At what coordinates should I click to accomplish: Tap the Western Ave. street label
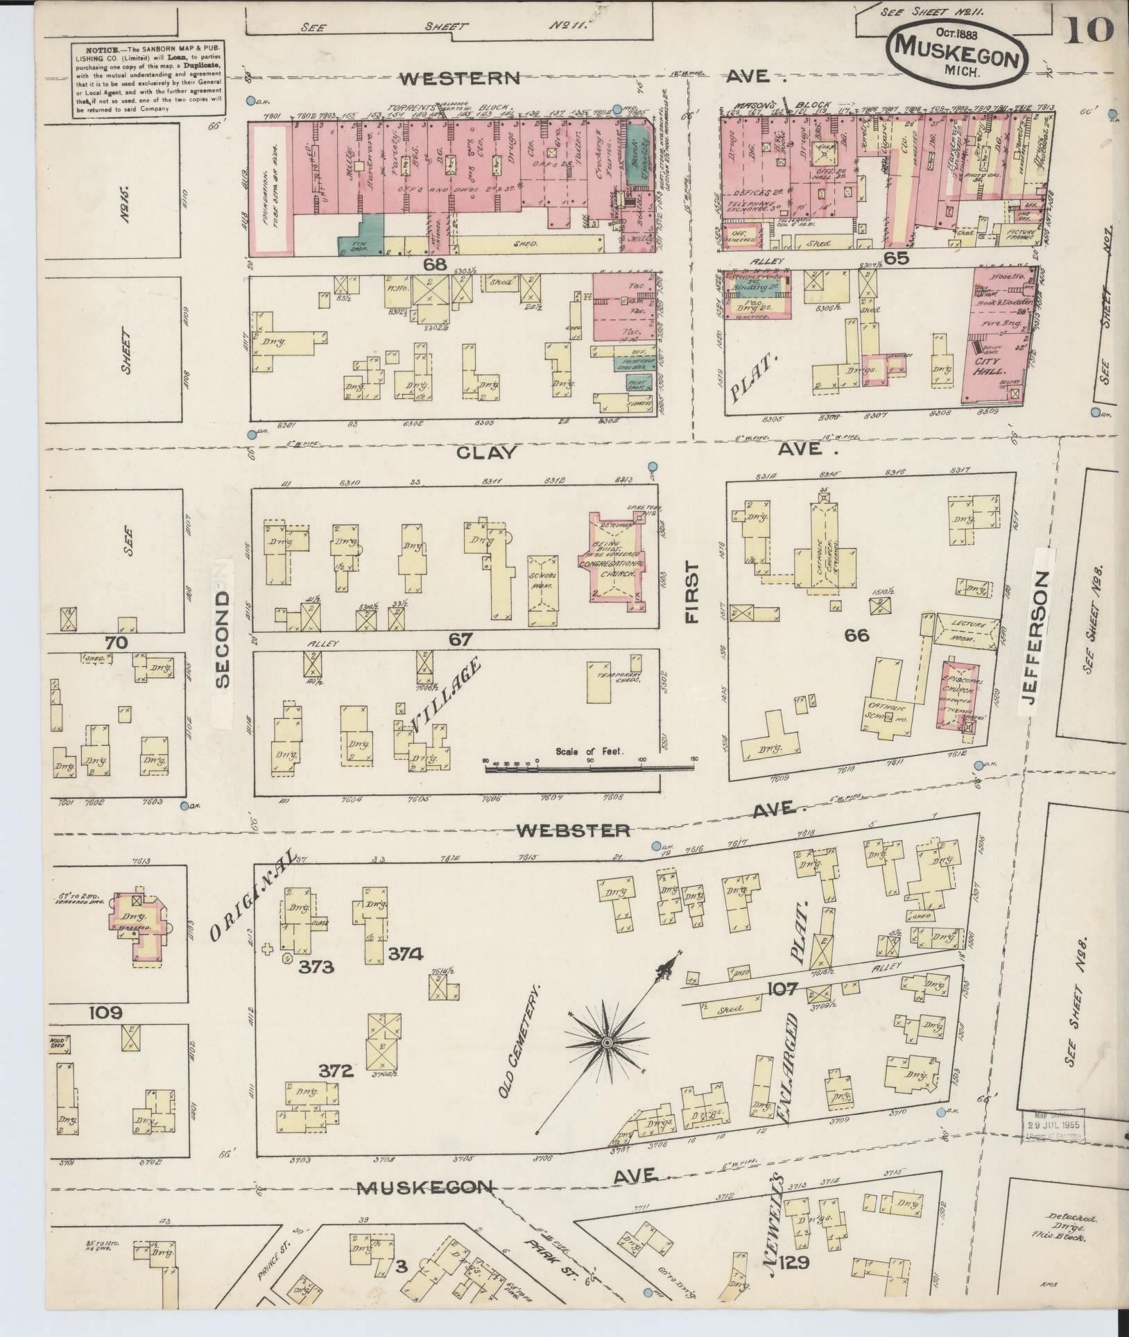tap(469, 78)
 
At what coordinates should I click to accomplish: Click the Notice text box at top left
tap(148, 80)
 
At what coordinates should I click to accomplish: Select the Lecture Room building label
tap(968, 629)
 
